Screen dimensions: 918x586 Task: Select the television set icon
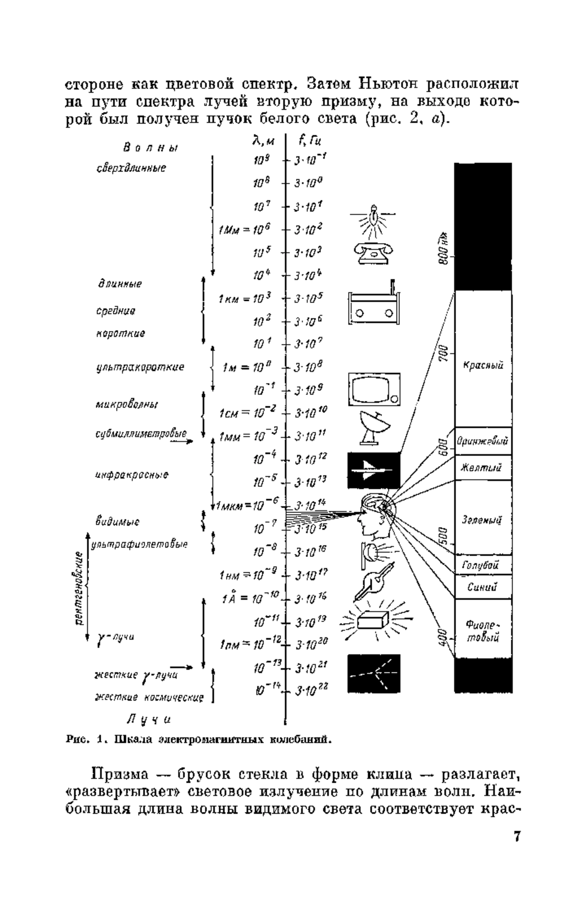(x=374, y=390)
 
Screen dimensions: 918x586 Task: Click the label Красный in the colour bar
(x=483, y=365)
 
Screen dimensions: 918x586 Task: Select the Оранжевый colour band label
(x=482, y=442)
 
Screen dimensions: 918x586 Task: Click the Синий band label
(x=482, y=587)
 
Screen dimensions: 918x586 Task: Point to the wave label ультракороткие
(x=140, y=367)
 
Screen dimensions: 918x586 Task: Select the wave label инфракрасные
(x=132, y=475)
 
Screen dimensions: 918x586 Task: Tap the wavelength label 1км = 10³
(x=245, y=298)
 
